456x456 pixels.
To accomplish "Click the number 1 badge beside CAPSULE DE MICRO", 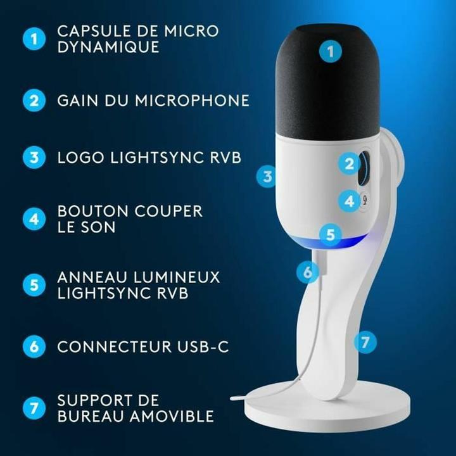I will pyautogui.click(x=34, y=39).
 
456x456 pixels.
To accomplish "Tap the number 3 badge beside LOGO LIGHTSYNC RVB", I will pyautogui.click(x=34, y=157).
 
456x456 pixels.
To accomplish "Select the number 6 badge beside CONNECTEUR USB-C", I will pyautogui.click(x=34, y=346).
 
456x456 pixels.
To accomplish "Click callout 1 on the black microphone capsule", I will pyautogui.click(x=329, y=50).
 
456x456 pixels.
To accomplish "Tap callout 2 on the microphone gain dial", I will pyautogui.click(x=348, y=165).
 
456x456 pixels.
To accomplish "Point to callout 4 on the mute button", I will pyautogui.click(x=348, y=202).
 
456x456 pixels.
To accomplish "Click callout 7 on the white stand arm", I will pyautogui.click(x=364, y=342).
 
